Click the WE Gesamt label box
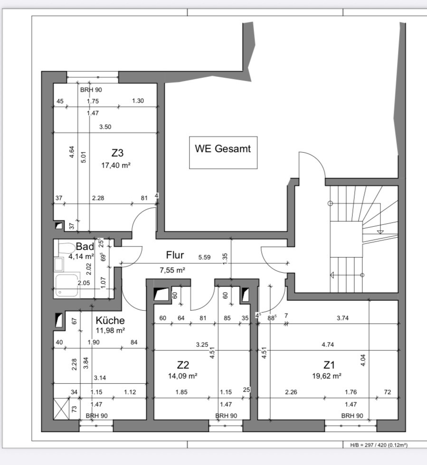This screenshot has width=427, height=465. tap(223, 153)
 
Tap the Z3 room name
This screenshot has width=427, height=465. tap(117, 153)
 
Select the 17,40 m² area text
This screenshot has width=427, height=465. tap(116, 165)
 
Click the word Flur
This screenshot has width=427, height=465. tap(175, 255)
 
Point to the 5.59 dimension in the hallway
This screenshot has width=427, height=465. tap(204, 257)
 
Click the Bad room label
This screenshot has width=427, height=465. tap(85, 246)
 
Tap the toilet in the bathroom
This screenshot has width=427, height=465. tap(66, 248)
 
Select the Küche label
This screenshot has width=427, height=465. tap(110, 320)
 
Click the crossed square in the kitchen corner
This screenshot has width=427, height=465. tap(61, 409)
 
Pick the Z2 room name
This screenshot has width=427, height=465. tap(183, 365)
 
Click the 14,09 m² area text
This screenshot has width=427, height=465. tap(182, 376)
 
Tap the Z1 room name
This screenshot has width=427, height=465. tap(329, 365)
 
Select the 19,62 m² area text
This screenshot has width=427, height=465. tap(327, 376)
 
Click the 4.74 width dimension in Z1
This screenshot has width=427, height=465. tap(328, 344)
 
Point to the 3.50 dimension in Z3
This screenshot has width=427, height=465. tap(105, 127)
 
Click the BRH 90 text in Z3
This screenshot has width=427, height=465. tap(91, 90)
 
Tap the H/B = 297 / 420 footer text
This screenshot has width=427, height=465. tap(379, 445)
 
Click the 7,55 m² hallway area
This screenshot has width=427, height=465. tap(172, 270)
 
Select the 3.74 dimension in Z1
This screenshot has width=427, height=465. tap(342, 318)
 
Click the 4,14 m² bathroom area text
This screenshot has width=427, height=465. tap(81, 256)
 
